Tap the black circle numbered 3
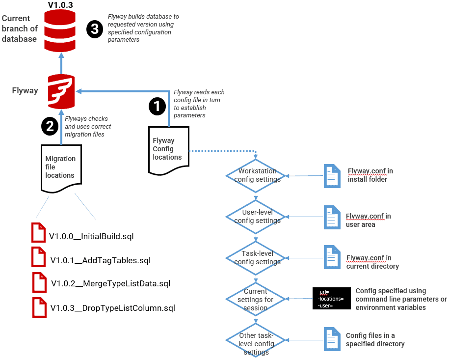[94, 29]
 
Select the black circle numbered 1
[157, 106]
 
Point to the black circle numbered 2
[50, 126]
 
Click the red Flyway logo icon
[61, 90]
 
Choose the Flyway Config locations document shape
[167, 149]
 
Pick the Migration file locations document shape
[60, 167]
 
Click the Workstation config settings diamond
[257, 175]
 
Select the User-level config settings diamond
[257, 217]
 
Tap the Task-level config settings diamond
[257, 258]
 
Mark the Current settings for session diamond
[256, 299]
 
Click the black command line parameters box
[332, 299]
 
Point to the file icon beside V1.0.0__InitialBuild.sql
[38, 232]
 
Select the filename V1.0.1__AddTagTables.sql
[100, 260]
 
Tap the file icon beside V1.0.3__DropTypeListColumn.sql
[39, 307]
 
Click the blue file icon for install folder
[332, 175]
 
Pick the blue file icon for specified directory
[332, 339]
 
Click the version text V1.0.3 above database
[61, 5]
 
